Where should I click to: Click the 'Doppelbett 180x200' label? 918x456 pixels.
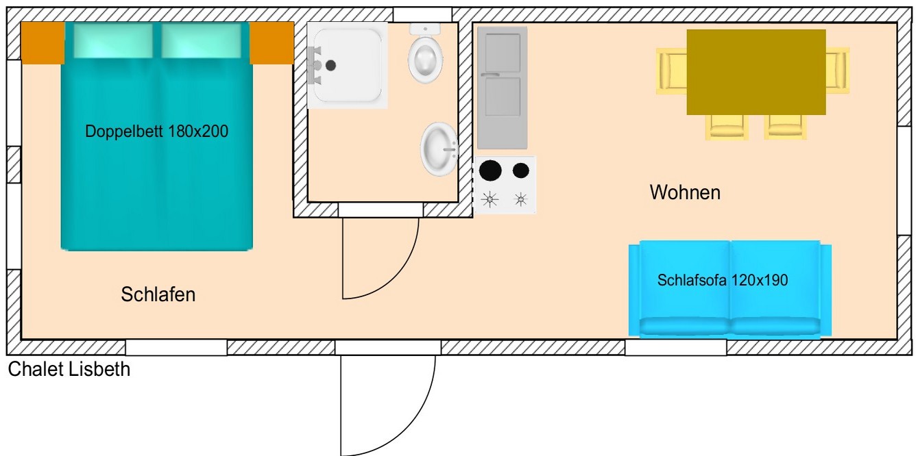pos(156,132)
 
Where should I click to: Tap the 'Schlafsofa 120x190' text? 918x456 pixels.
pos(723,279)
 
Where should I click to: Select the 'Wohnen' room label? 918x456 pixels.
pos(685,192)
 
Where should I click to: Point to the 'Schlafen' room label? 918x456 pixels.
pos(158,294)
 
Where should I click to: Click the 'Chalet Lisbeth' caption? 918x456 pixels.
pos(69,370)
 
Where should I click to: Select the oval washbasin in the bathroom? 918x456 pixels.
pos(438,149)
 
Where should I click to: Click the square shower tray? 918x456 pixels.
pos(348,66)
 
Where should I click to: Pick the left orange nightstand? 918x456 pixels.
pos(43,42)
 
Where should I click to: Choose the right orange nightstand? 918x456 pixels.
pos(271,42)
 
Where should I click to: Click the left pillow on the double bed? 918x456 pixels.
pos(114,41)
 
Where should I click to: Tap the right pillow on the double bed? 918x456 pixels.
pos(202,41)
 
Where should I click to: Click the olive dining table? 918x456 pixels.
pos(756,72)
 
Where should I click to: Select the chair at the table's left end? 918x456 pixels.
pos(671,70)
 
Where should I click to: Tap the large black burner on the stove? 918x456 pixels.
pos(490,170)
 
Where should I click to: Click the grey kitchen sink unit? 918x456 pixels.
pos(503,87)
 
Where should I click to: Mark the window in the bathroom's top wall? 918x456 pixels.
pos(422,14)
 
